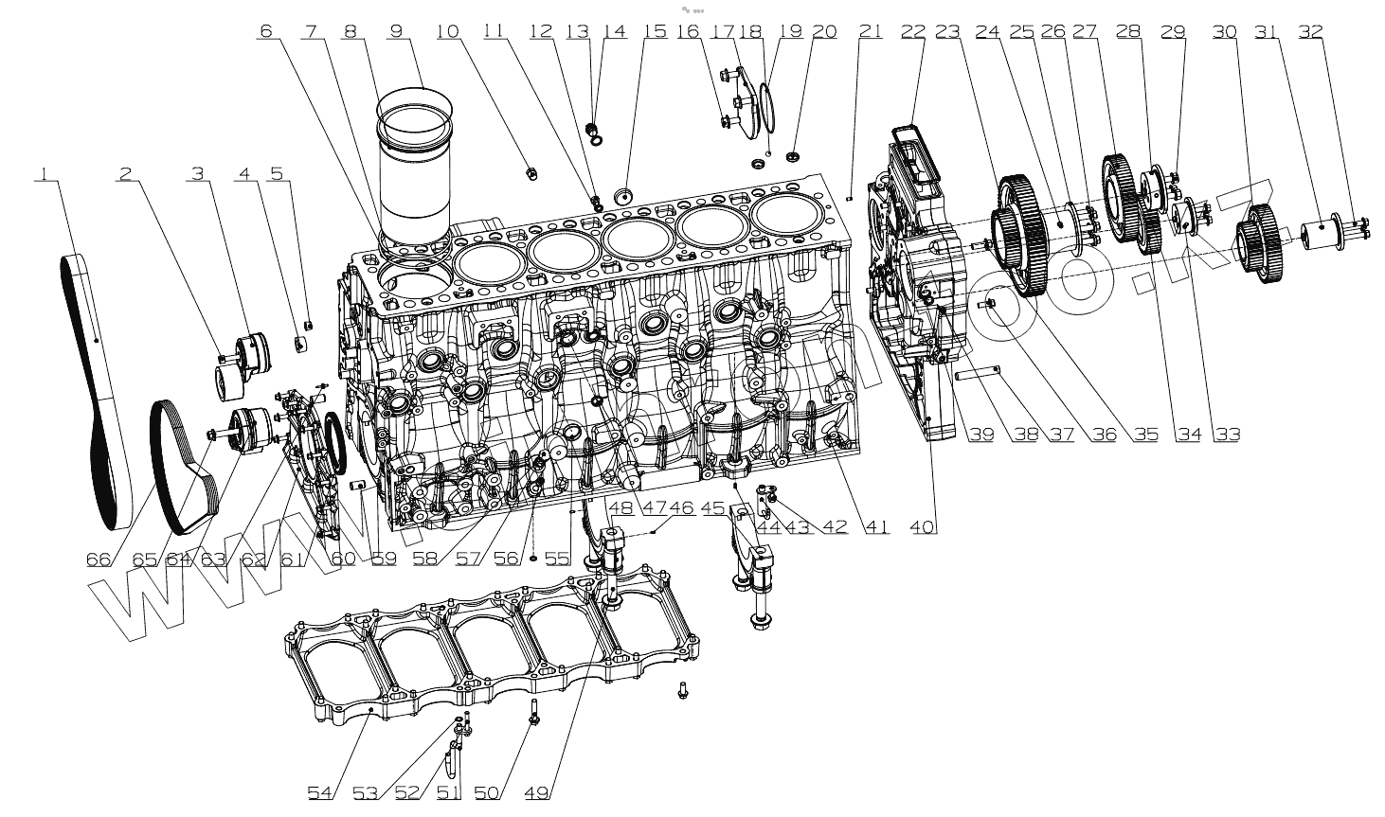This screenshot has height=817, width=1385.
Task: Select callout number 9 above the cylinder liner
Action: click(x=397, y=30)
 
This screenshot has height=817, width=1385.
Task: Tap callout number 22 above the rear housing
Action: click(x=912, y=30)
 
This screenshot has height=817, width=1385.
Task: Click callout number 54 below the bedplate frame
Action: click(x=320, y=791)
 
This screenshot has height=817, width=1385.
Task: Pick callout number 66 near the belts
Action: click(x=99, y=559)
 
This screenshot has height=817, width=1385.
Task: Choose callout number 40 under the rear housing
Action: click(x=924, y=526)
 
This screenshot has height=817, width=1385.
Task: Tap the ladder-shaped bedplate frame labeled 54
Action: click(x=493, y=653)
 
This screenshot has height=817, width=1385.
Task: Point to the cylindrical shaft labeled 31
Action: click(x=1319, y=235)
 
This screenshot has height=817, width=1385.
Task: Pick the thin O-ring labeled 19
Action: click(x=769, y=104)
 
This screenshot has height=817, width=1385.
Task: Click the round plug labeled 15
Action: click(x=625, y=197)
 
